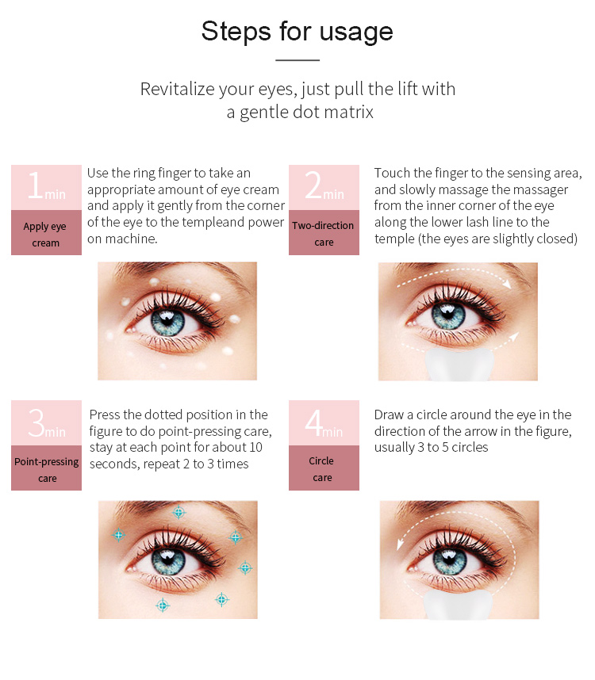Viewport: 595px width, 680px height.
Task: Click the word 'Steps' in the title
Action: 236,32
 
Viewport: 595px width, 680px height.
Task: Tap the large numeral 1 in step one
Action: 35,185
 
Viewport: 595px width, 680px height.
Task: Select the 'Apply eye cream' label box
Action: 47,232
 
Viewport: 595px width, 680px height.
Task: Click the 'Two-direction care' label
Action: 324,232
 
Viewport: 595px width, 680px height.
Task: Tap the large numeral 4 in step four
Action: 313,422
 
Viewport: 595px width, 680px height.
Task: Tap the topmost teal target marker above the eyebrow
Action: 178,512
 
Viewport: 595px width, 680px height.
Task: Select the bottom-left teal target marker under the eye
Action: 163,605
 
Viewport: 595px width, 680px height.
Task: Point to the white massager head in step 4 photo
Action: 459,605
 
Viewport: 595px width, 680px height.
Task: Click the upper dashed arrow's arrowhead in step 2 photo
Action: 507,284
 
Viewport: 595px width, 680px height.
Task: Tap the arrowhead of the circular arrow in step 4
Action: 400,544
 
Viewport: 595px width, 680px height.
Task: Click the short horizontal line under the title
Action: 297,60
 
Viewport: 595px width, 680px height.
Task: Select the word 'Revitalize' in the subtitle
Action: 178,90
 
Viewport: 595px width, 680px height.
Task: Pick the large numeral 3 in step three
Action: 36,422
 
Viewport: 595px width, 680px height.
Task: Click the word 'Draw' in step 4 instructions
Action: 389,415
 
